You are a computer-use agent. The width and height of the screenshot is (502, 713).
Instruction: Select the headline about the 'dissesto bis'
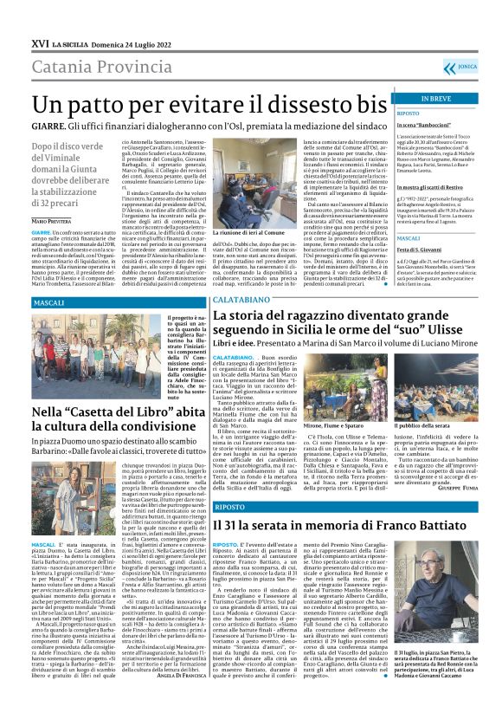click(x=198, y=104)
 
